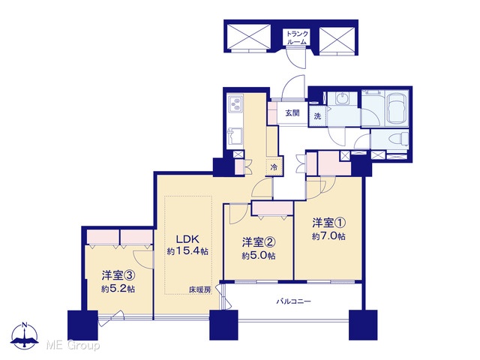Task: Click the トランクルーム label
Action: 297,37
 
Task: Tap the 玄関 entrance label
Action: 292,113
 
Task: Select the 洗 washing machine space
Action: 317,116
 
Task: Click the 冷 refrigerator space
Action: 274,167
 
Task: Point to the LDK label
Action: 187,238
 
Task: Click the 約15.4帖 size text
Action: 187,251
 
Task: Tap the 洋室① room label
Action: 328,223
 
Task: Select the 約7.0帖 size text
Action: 328,236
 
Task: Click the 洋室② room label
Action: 259,242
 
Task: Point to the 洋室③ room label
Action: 118,275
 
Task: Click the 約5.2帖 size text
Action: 118,289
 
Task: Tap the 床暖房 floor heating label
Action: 199,289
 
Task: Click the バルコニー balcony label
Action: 293,301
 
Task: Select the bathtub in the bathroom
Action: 397,108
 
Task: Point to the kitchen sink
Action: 235,136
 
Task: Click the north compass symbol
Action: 25,335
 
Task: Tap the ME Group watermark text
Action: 73,345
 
